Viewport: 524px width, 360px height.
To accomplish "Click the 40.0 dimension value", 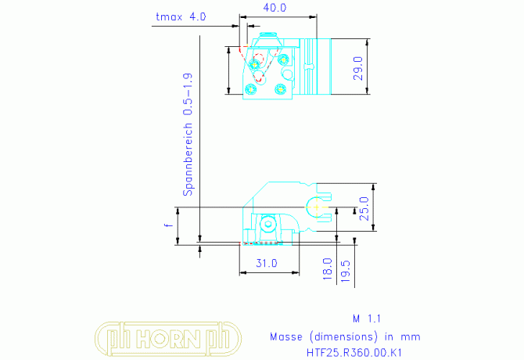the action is pyautogui.click(x=275, y=8).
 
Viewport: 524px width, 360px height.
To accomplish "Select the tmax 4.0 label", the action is pyautogui.click(x=181, y=16).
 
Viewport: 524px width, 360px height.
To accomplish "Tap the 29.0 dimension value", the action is pyautogui.click(x=358, y=68).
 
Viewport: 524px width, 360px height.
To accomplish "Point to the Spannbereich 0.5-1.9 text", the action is pyautogui.click(x=188, y=135).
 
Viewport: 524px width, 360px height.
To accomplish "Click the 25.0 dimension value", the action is pyautogui.click(x=364, y=209).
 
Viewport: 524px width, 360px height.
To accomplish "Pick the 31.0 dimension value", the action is pyautogui.click(x=267, y=264).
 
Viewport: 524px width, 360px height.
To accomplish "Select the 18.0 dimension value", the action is pyautogui.click(x=328, y=268).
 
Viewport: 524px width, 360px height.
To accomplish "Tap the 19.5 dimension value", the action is pyautogui.click(x=346, y=271).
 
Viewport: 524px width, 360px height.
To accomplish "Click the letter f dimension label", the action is pyautogui.click(x=169, y=225).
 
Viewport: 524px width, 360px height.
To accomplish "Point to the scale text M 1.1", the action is pyautogui.click(x=367, y=319).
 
